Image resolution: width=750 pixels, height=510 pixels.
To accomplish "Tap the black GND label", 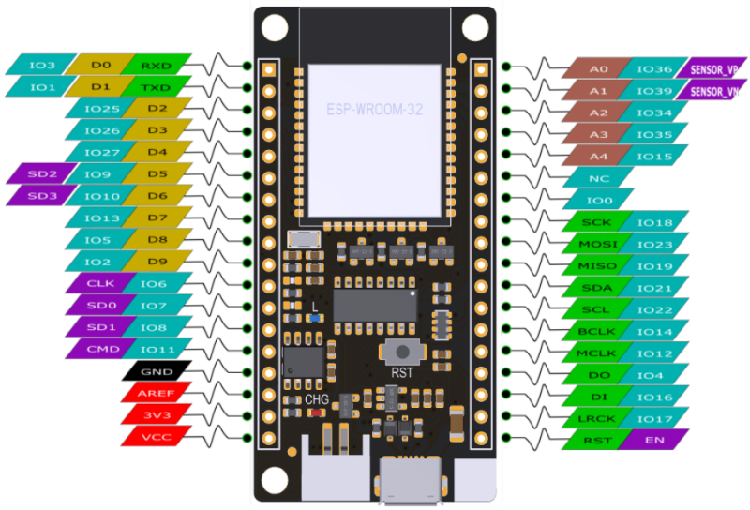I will (x=157, y=371).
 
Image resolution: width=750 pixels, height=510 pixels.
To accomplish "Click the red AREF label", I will (x=157, y=393).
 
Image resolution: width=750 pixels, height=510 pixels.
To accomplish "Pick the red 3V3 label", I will (x=157, y=414).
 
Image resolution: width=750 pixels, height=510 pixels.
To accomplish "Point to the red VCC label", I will (x=157, y=436).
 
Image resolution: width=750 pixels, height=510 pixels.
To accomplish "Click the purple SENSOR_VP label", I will (x=713, y=69).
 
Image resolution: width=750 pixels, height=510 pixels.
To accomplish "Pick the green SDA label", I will (x=597, y=288).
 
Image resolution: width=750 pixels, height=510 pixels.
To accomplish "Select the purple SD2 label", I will (x=41, y=173).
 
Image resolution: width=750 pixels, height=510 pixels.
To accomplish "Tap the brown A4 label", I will (x=597, y=156).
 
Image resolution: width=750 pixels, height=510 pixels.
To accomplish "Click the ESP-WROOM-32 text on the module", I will (x=375, y=110).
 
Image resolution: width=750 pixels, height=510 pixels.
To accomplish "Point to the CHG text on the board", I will (x=317, y=399).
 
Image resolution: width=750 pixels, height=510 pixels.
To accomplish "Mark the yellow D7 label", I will (x=157, y=217).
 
